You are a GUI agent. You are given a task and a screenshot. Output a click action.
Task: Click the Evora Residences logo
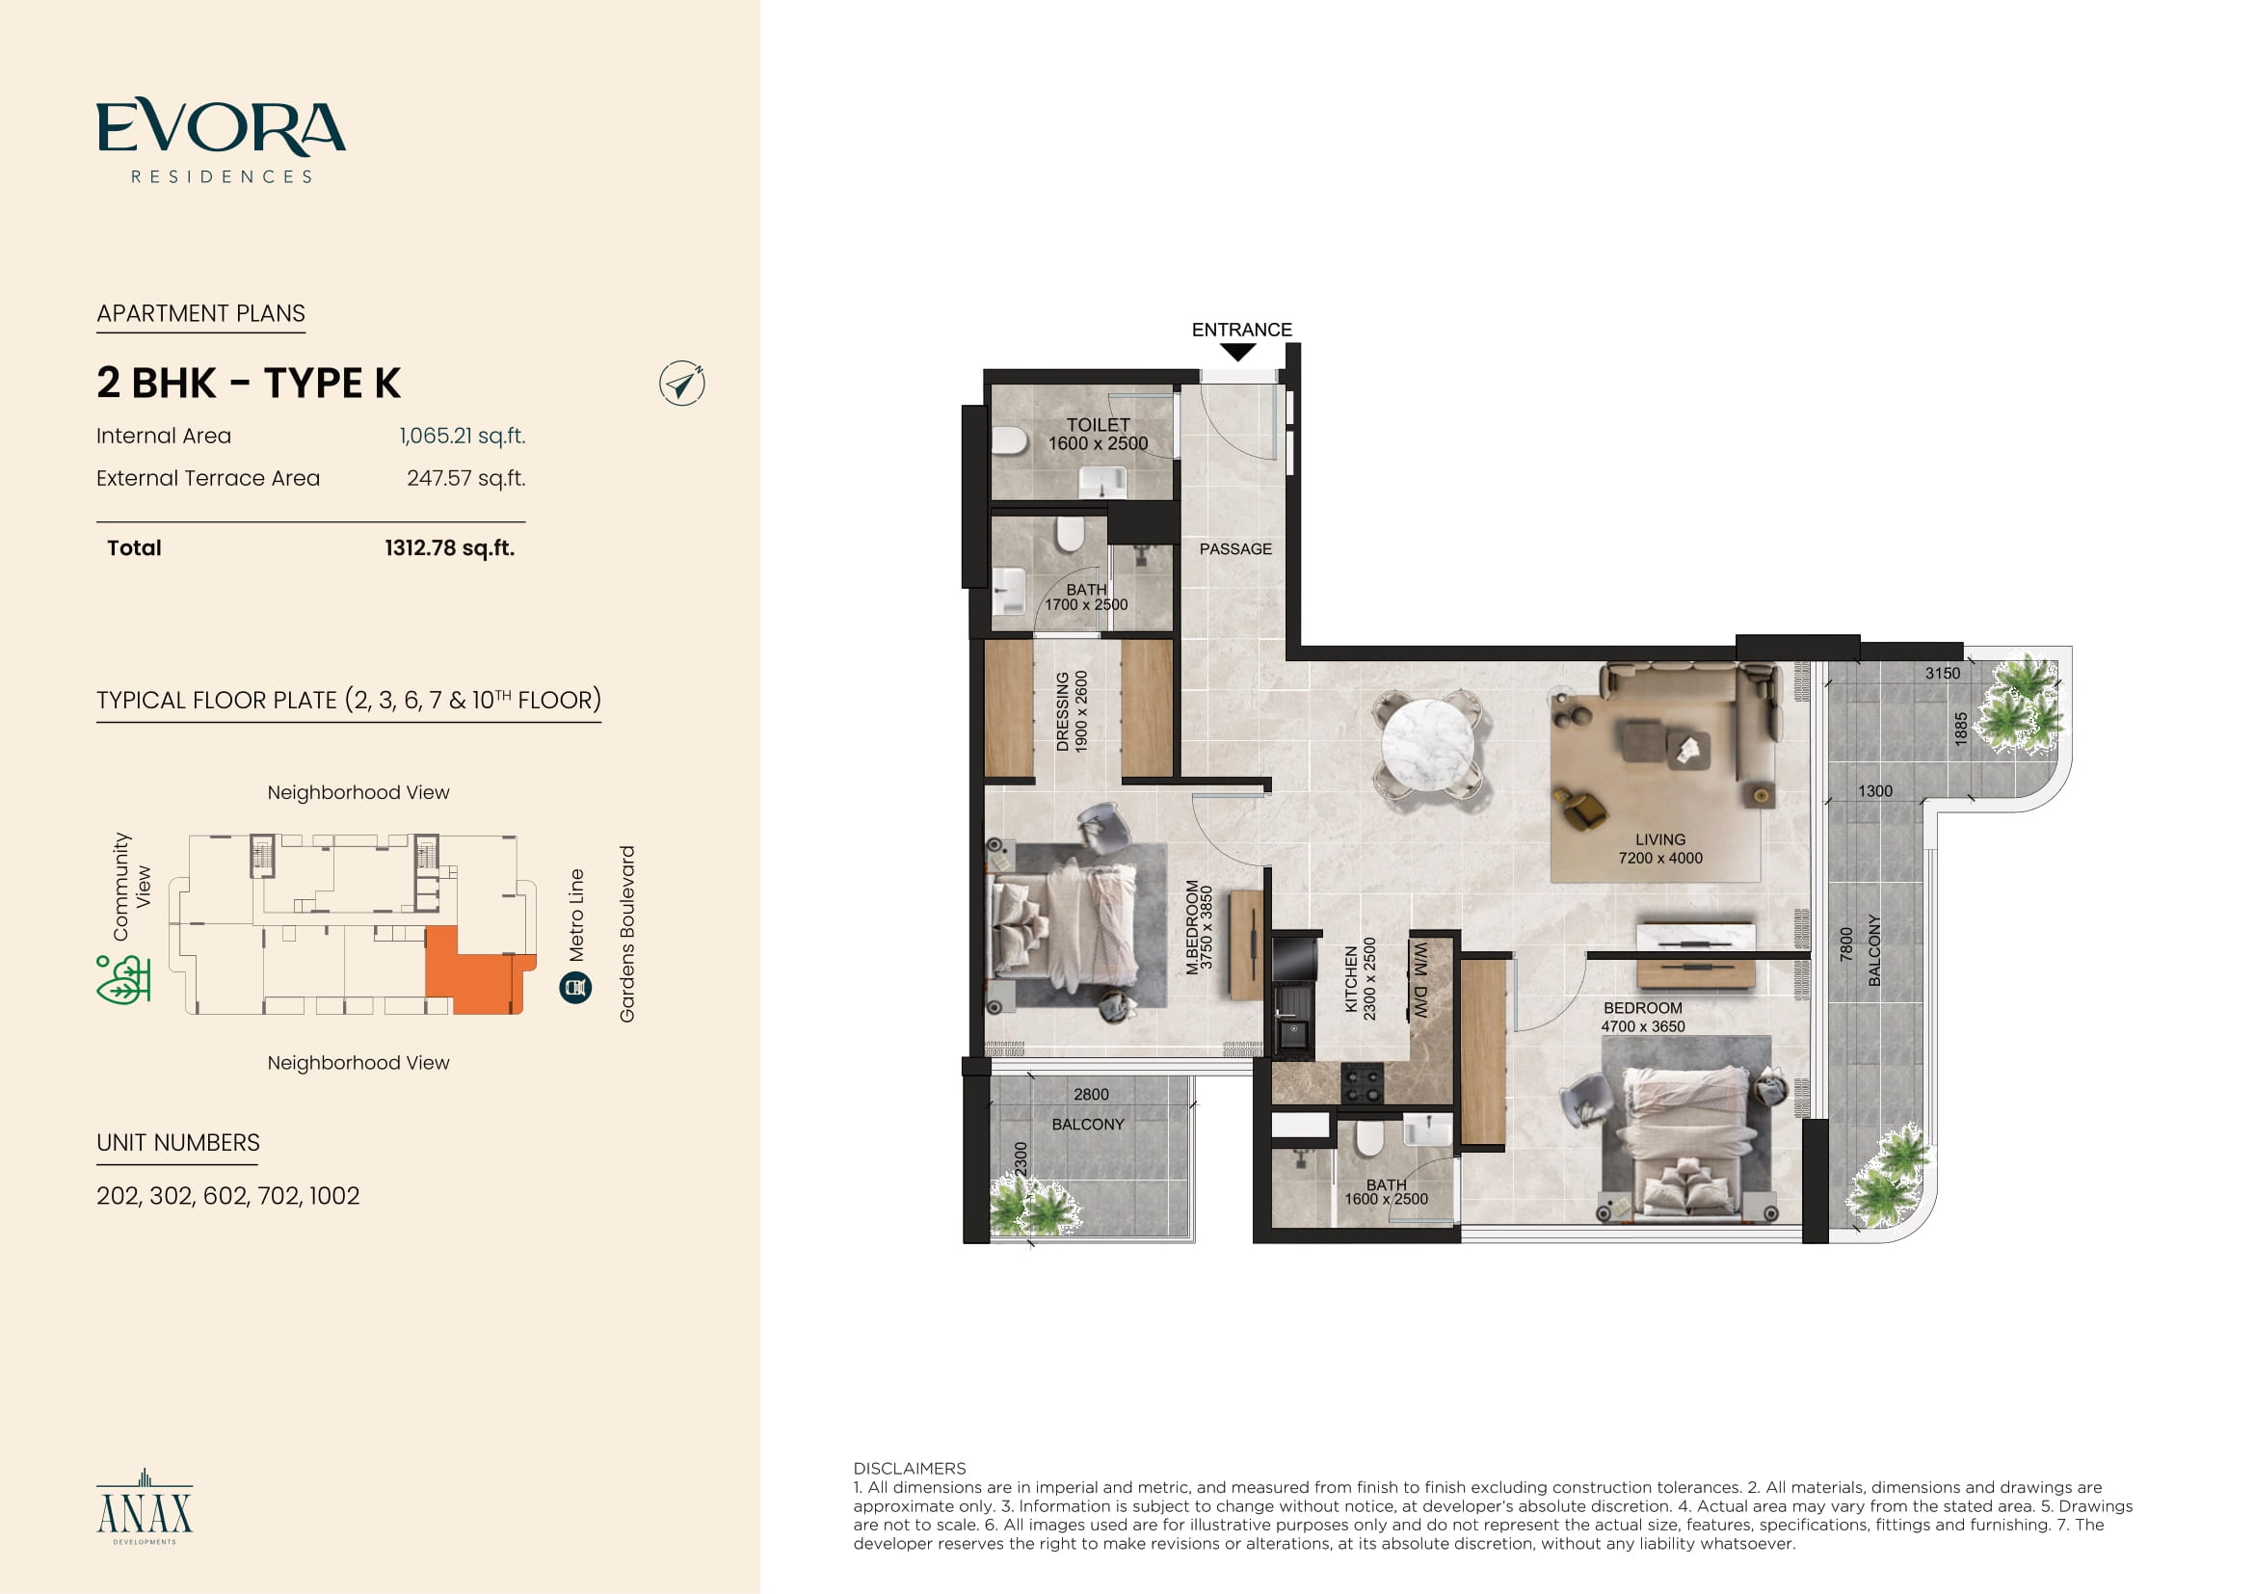click(221, 141)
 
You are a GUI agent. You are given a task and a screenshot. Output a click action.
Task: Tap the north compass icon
click(682, 384)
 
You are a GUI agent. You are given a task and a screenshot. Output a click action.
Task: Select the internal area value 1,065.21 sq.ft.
click(463, 436)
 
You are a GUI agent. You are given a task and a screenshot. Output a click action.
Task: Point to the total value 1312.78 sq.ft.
click(450, 547)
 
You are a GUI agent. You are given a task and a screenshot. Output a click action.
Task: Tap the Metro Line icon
click(575, 988)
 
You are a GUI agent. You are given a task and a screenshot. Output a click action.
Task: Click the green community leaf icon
click(122, 979)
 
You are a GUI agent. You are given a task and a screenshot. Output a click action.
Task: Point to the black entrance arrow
click(1238, 353)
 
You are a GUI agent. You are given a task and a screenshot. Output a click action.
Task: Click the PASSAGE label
click(1235, 548)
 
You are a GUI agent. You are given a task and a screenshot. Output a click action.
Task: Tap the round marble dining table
click(1427, 743)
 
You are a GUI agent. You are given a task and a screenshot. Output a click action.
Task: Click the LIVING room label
click(1660, 839)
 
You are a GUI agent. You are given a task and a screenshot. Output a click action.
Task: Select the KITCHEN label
click(1351, 979)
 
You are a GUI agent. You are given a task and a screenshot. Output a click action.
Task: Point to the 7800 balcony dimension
click(1845, 943)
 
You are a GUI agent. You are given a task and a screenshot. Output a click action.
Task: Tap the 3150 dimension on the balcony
click(1942, 674)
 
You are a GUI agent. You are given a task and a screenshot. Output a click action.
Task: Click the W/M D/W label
click(1420, 979)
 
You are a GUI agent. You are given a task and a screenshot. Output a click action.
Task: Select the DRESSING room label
click(1062, 711)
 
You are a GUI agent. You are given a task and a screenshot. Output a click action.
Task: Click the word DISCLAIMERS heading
click(909, 1469)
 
